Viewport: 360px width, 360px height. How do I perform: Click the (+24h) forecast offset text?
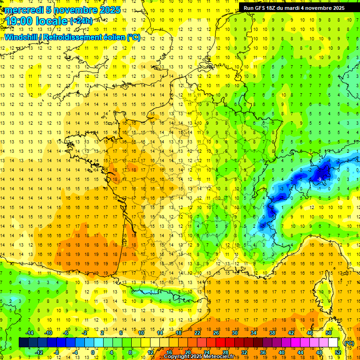(81, 21)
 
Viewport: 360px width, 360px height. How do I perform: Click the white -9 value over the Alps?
(319, 179)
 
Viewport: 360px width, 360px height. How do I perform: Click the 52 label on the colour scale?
(338, 352)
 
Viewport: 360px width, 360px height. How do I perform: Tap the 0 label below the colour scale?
(93, 352)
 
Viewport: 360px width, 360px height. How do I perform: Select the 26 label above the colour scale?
(216, 333)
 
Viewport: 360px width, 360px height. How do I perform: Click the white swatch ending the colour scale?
(333, 343)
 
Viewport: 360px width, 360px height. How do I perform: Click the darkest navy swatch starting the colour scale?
(23, 343)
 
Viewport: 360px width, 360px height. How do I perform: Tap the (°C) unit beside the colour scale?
(349, 343)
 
